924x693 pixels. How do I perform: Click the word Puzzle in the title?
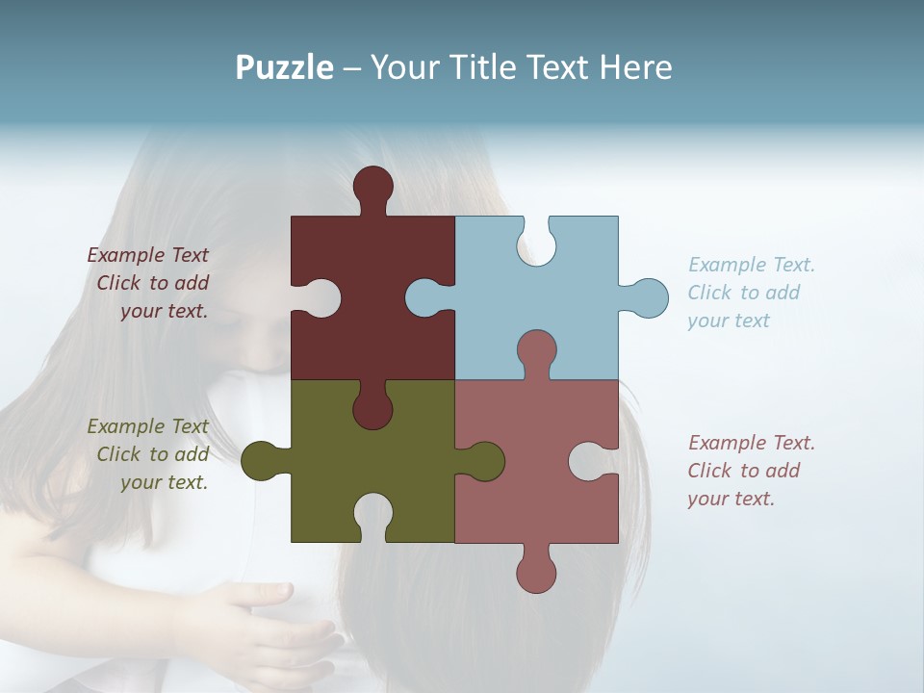284,67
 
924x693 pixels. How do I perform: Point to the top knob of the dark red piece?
372,186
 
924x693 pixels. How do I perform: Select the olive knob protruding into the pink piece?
485,461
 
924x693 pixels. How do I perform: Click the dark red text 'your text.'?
164,311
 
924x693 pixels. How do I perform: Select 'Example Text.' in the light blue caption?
752,265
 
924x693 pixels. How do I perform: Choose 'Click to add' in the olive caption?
153,454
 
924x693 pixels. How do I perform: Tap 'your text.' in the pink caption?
731,499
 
